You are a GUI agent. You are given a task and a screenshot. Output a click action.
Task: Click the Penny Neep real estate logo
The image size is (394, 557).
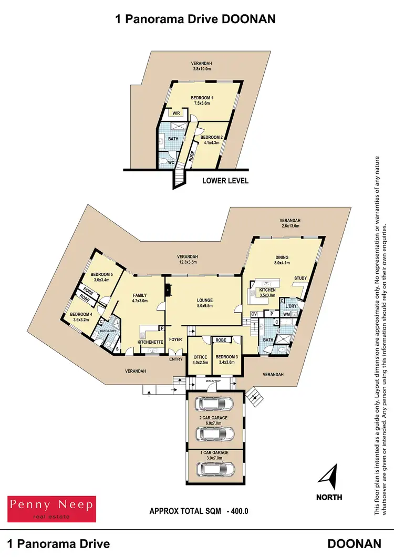(x=51, y=508)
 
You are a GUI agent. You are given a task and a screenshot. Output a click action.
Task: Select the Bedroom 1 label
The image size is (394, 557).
(x=202, y=101)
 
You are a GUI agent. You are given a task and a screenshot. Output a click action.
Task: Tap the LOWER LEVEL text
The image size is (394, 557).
(x=225, y=181)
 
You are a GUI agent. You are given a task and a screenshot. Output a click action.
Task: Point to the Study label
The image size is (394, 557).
(x=300, y=278)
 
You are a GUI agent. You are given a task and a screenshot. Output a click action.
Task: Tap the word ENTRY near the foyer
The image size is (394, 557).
(x=175, y=359)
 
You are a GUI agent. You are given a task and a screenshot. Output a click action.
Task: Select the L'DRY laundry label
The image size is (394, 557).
(x=291, y=305)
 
